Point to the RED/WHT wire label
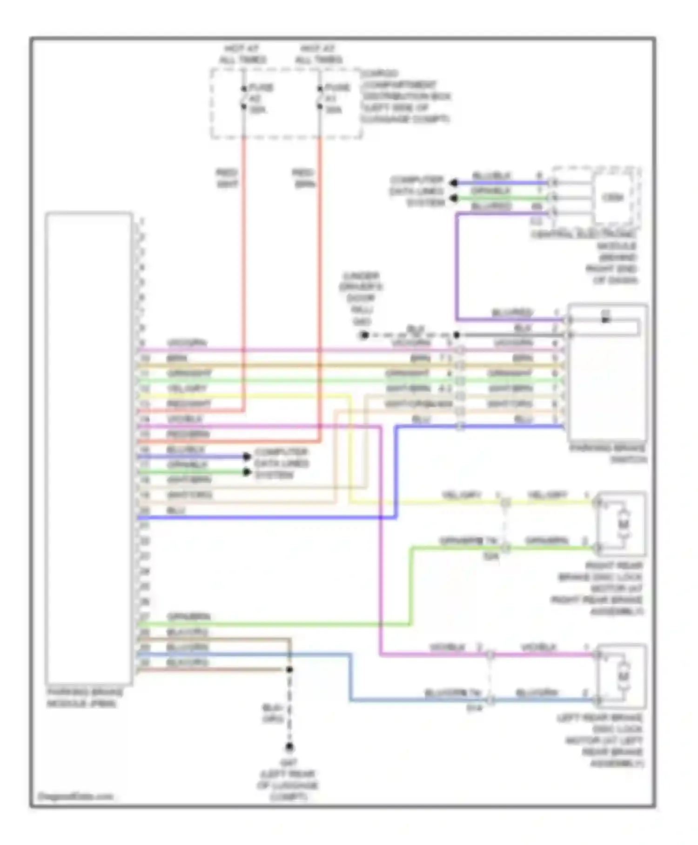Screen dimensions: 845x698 click(x=227, y=178)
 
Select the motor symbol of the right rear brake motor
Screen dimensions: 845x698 click(x=623, y=525)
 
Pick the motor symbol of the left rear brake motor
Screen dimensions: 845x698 click(x=623, y=676)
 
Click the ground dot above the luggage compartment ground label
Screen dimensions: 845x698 click(x=289, y=748)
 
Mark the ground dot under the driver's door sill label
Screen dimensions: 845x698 click(x=364, y=335)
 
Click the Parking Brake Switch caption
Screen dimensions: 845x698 click(x=608, y=454)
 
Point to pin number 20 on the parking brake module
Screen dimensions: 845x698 click(x=144, y=511)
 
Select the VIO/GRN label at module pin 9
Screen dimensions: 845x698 click(x=187, y=343)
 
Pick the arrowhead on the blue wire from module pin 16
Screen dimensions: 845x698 click(x=247, y=457)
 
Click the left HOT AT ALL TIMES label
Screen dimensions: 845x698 click(x=242, y=54)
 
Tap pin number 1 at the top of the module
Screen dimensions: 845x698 click(x=142, y=221)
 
